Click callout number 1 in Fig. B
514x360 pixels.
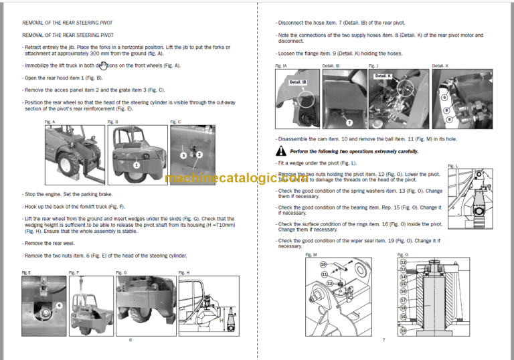(136, 164)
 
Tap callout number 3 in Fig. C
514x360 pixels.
(182, 155)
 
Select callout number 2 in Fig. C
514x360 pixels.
(199, 154)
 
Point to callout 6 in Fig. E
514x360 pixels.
(59, 304)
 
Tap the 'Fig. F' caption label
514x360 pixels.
(74, 272)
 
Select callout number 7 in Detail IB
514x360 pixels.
(349, 122)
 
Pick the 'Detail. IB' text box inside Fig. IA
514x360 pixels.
(298, 82)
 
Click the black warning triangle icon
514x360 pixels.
(282, 152)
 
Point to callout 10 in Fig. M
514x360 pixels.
(323, 264)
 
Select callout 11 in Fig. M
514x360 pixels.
(325, 274)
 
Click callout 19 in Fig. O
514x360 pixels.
(403, 331)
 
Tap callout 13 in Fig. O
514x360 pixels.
(403, 269)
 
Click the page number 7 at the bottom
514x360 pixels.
(383, 340)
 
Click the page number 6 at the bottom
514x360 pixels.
(130, 340)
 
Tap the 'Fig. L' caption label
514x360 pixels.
(452, 166)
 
